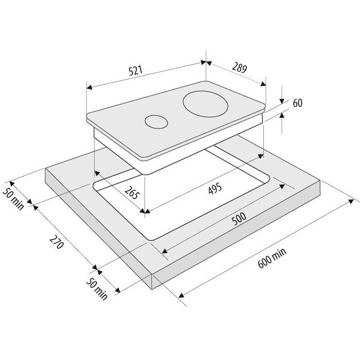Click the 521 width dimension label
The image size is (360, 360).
(135, 70)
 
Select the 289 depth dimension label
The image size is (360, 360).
(239, 67)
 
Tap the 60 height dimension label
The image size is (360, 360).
(298, 103)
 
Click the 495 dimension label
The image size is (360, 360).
(215, 189)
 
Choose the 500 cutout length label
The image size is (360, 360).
(239, 219)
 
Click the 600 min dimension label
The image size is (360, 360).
(272, 258)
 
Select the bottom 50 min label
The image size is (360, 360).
(97, 289)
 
